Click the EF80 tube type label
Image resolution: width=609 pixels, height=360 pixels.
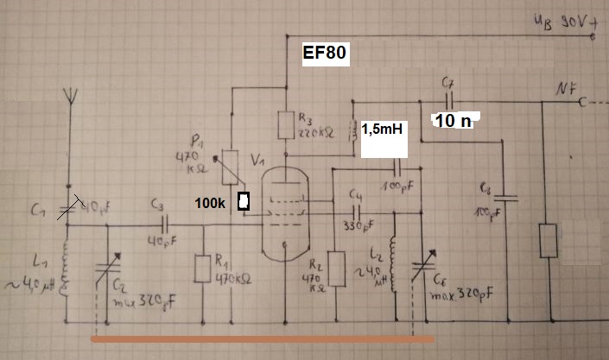tap(325, 54)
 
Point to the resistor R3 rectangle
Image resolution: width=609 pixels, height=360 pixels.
tap(285, 126)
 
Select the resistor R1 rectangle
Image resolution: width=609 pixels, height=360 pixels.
tap(203, 268)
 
